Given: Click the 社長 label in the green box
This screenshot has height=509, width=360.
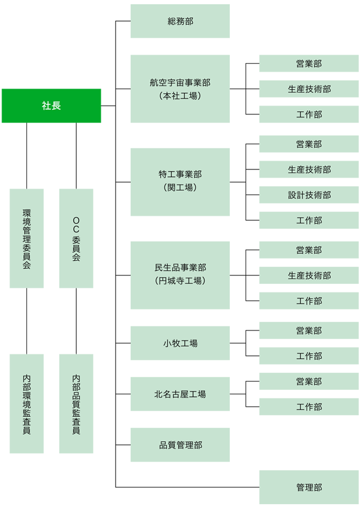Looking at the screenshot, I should (51, 106).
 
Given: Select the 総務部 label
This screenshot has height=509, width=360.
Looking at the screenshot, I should (180, 22).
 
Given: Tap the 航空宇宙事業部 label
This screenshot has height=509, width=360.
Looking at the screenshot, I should (180, 83).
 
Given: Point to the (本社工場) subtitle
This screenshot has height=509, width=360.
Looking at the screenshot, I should (180, 96).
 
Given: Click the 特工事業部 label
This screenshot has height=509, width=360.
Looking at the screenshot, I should (180, 174).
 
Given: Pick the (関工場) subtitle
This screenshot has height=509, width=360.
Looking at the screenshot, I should (180, 187).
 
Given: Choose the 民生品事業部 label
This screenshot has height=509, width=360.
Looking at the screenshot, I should (180, 267).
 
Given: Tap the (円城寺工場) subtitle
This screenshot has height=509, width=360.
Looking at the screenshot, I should (180, 281).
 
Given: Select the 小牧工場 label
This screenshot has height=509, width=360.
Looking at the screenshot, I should (180, 344).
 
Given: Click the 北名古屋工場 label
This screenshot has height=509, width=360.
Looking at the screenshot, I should (180, 395).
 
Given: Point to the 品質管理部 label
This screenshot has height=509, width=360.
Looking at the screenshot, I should (180, 445).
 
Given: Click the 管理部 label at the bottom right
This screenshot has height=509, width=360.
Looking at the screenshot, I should (309, 488).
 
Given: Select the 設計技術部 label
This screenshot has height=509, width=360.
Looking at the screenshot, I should (309, 195).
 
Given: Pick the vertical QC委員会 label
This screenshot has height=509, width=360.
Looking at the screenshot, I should (76, 238).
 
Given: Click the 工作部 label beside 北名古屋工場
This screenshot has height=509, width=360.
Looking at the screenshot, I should (309, 407).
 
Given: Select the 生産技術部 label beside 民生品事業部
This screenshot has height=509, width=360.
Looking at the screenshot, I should (309, 276).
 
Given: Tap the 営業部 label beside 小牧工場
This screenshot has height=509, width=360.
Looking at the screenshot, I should (309, 331).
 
